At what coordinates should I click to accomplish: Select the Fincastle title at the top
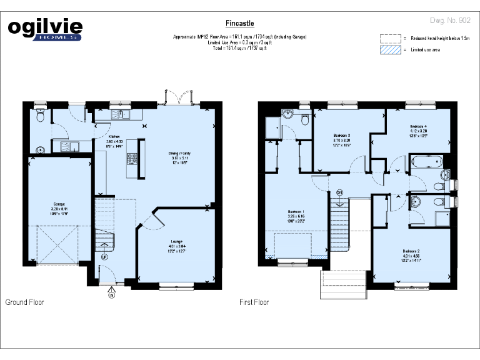pyautogui.click(x=239, y=24)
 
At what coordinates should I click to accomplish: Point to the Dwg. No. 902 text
pyautogui.click(x=450, y=21)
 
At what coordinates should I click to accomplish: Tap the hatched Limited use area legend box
pyautogui.click(x=390, y=49)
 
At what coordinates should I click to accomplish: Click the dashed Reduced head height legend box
pyautogui.click(x=390, y=38)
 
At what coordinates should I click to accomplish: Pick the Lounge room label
pyautogui.click(x=177, y=242)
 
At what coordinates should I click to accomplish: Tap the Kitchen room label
pyautogui.click(x=114, y=137)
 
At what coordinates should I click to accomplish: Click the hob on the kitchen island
pyautogui.click(x=132, y=159)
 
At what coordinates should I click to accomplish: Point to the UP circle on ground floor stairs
pyautogui.click(x=104, y=256)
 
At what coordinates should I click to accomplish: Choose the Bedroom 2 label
pyautogui.click(x=410, y=251)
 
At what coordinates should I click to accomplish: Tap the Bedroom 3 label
pyautogui.click(x=341, y=136)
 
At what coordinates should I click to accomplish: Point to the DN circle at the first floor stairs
pyautogui.click(x=339, y=192)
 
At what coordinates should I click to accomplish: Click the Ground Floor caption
pyautogui.click(x=24, y=302)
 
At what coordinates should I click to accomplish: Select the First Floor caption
pyautogui.click(x=254, y=302)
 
